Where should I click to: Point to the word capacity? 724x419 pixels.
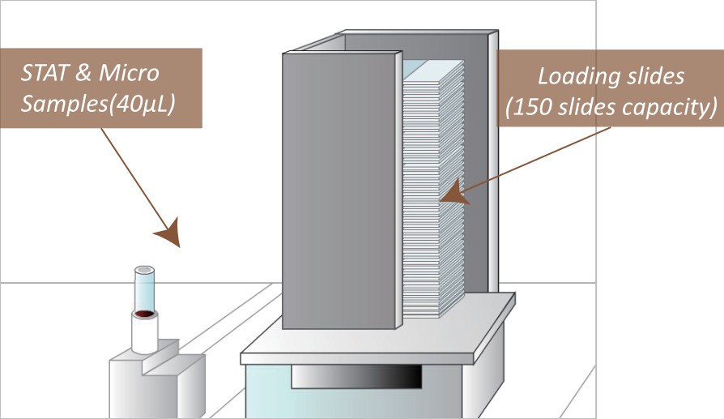pyautogui.click(x=671, y=109)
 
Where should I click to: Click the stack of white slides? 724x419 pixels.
pyautogui.click(x=432, y=195)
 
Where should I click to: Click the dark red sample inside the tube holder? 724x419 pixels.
pyautogui.click(x=145, y=314)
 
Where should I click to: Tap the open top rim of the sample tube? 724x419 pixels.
pyautogui.click(x=145, y=270)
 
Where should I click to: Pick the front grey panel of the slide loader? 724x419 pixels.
pyautogui.click(x=341, y=190)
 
